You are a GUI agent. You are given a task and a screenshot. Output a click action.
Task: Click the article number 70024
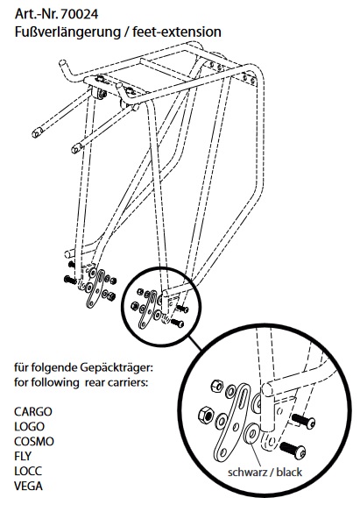pos(79,14)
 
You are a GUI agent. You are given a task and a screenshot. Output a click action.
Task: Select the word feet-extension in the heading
pos(177,32)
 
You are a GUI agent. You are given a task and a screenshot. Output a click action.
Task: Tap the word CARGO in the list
pos(33,411)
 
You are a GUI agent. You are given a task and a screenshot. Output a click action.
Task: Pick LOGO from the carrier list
pos(29,426)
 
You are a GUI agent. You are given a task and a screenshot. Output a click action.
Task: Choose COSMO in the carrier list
pos(34,442)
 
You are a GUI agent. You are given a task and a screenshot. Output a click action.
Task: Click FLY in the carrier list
pos(23,456)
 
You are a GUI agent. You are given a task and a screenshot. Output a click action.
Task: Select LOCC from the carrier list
pos(28,471)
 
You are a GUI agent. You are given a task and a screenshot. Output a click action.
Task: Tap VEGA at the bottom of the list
pos(28,487)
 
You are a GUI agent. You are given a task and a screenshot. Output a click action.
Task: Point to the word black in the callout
pos(289,473)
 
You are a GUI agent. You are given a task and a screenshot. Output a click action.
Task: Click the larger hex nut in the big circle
pos(206,415)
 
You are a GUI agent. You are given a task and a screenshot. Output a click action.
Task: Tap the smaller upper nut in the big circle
pos(217,387)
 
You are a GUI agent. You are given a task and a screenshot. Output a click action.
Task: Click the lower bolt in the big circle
pos(293,449)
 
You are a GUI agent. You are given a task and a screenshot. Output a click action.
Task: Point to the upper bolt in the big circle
pos(304,421)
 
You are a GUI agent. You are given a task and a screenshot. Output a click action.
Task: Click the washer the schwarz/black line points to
pos(251,433)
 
